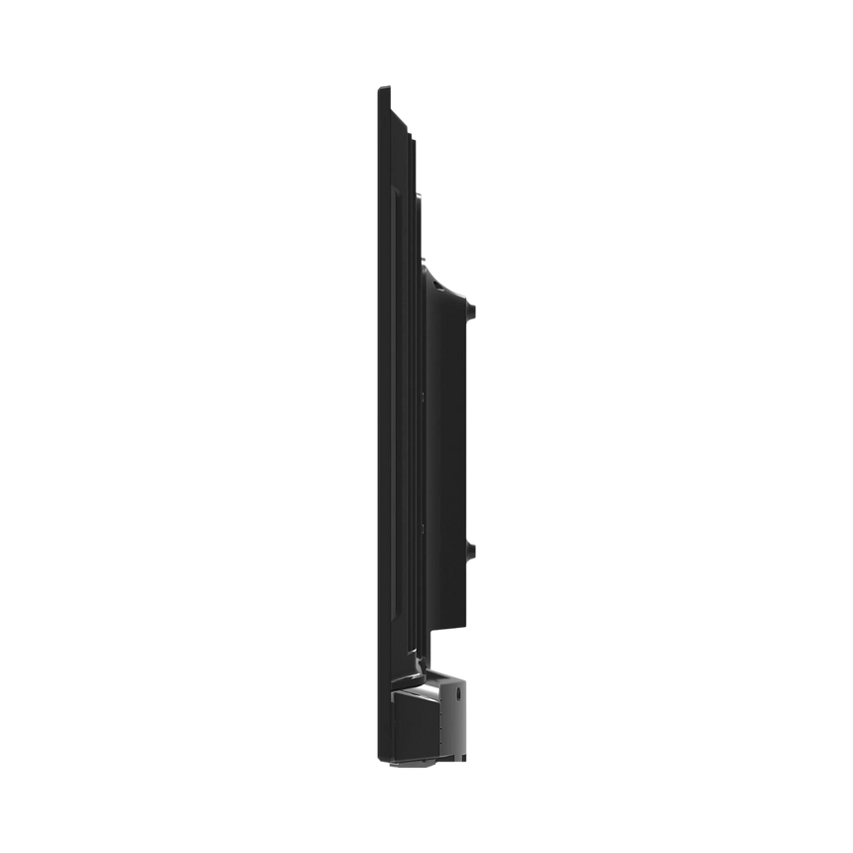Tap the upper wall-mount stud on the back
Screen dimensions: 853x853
473,310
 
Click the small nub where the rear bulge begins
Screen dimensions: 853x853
426,261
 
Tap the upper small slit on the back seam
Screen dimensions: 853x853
423,394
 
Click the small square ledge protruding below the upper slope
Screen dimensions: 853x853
421,198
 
